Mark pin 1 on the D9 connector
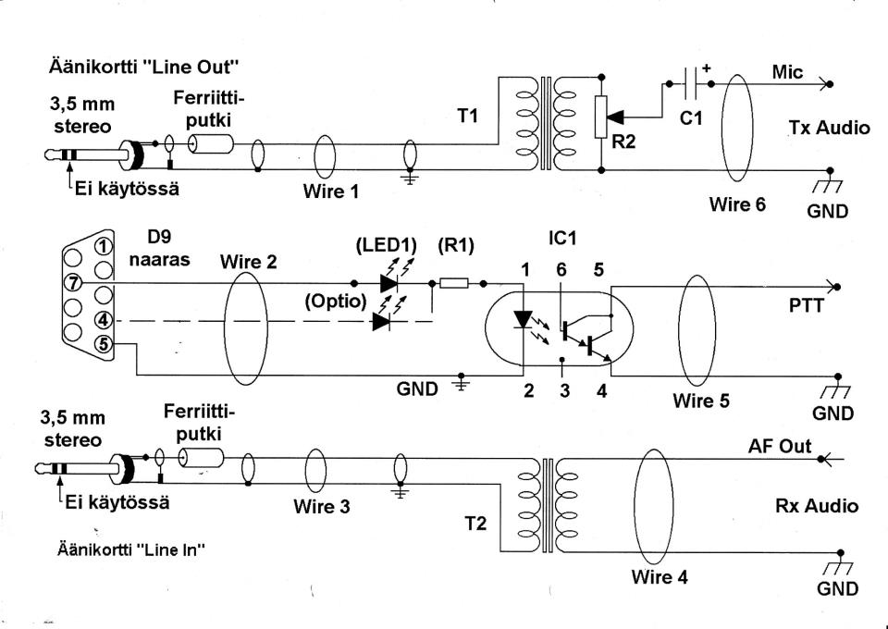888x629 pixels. (105, 246)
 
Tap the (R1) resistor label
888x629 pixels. (455, 246)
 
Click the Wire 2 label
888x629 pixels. (248, 261)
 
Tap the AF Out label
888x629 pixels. (778, 446)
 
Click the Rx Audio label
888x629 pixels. (818, 506)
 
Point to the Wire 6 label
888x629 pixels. (737, 204)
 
